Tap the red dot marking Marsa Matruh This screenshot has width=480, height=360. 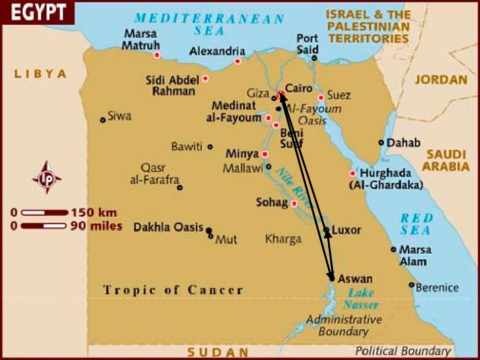click(157, 55)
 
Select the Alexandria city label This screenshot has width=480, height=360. click(218, 51)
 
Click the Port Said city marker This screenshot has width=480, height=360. click(314, 58)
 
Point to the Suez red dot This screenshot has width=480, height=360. click(321, 97)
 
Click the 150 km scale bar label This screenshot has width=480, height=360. click(94, 213)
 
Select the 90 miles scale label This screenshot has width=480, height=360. click(97, 226)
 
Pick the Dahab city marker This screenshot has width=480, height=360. click(381, 142)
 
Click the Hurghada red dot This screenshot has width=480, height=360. click(352, 173)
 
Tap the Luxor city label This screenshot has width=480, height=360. click(347, 230)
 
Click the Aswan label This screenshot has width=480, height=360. click(355, 279)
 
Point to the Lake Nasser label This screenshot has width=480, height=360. click(361, 298)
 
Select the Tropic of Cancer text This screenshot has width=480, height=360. click(173, 290)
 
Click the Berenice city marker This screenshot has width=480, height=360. click(411, 284)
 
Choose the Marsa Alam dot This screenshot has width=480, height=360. click(393, 249)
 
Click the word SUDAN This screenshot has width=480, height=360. click(218, 352)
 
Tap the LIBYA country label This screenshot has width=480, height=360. click(40, 74)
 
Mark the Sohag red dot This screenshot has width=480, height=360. click(294, 203)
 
